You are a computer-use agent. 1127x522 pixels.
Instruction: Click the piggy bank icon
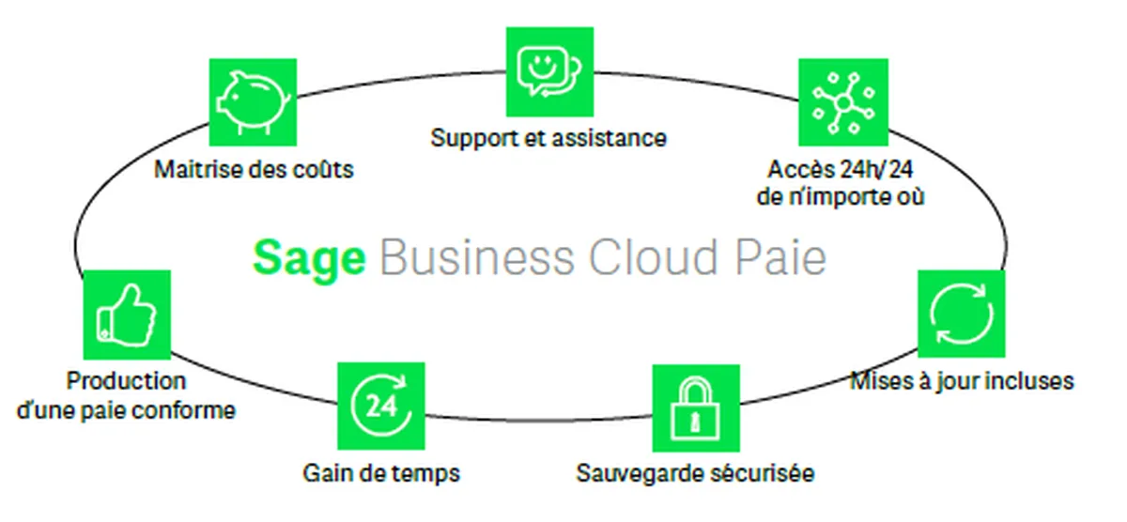tap(253, 103)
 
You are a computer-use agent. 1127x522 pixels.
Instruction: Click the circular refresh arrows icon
tap(961, 314)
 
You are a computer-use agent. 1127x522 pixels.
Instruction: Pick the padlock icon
tap(695, 408)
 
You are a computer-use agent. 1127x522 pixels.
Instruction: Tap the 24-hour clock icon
tap(380, 406)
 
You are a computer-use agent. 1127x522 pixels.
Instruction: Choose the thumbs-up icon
tap(127, 315)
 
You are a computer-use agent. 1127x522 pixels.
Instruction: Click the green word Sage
tap(309, 257)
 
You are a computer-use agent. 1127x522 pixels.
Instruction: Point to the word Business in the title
tap(476, 257)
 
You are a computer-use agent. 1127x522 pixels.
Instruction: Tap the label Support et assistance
tap(548, 138)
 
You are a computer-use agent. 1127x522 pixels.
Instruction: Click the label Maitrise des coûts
tap(254, 170)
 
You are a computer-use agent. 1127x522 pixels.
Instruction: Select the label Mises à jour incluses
tap(961, 381)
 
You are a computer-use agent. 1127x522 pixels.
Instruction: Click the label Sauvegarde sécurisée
tap(695, 472)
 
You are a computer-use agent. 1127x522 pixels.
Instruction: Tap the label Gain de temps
tap(381, 472)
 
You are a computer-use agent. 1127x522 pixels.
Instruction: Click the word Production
tap(126, 381)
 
